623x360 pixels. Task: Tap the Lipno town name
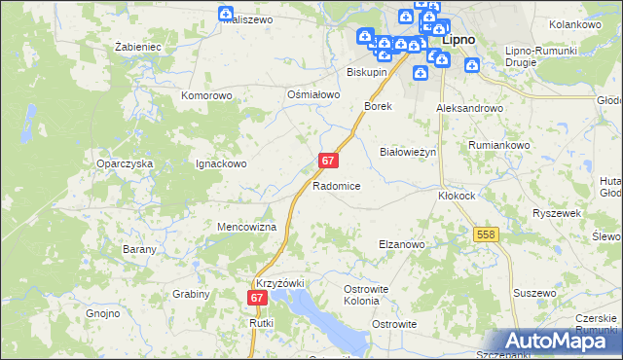pyautogui.click(x=458, y=42)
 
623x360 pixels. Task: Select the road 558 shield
pyautogui.click(x=487, y=234)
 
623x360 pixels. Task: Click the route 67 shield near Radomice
pyautogui.click(x=328, y=160)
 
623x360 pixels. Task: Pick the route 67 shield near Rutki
pyautogui.click(x=257, y=299)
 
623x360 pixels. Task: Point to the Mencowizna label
pyautogui.click(x=247, y=227)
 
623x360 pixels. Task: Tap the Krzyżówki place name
pyautogui.click(x=280, y=282)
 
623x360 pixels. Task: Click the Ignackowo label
pyautogui.click(x=221, y=164)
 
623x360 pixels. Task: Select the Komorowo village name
pyautogui.click(x=206, y=96)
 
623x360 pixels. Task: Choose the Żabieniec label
pyautogui.click(x=137, y=47)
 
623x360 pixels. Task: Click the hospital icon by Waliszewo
pyautogui.click(x=226, y=14)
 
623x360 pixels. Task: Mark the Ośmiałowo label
pyautogui.click(x=312, y=94)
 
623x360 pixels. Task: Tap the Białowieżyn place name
pyautogui.click(x=407, y=153)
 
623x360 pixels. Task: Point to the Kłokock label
pyautogui.click(x=456, y=195)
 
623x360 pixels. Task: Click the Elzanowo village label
pyautogui.click(x=401, y=245)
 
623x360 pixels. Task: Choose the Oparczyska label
pyautogui.click(x=125, y=164)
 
